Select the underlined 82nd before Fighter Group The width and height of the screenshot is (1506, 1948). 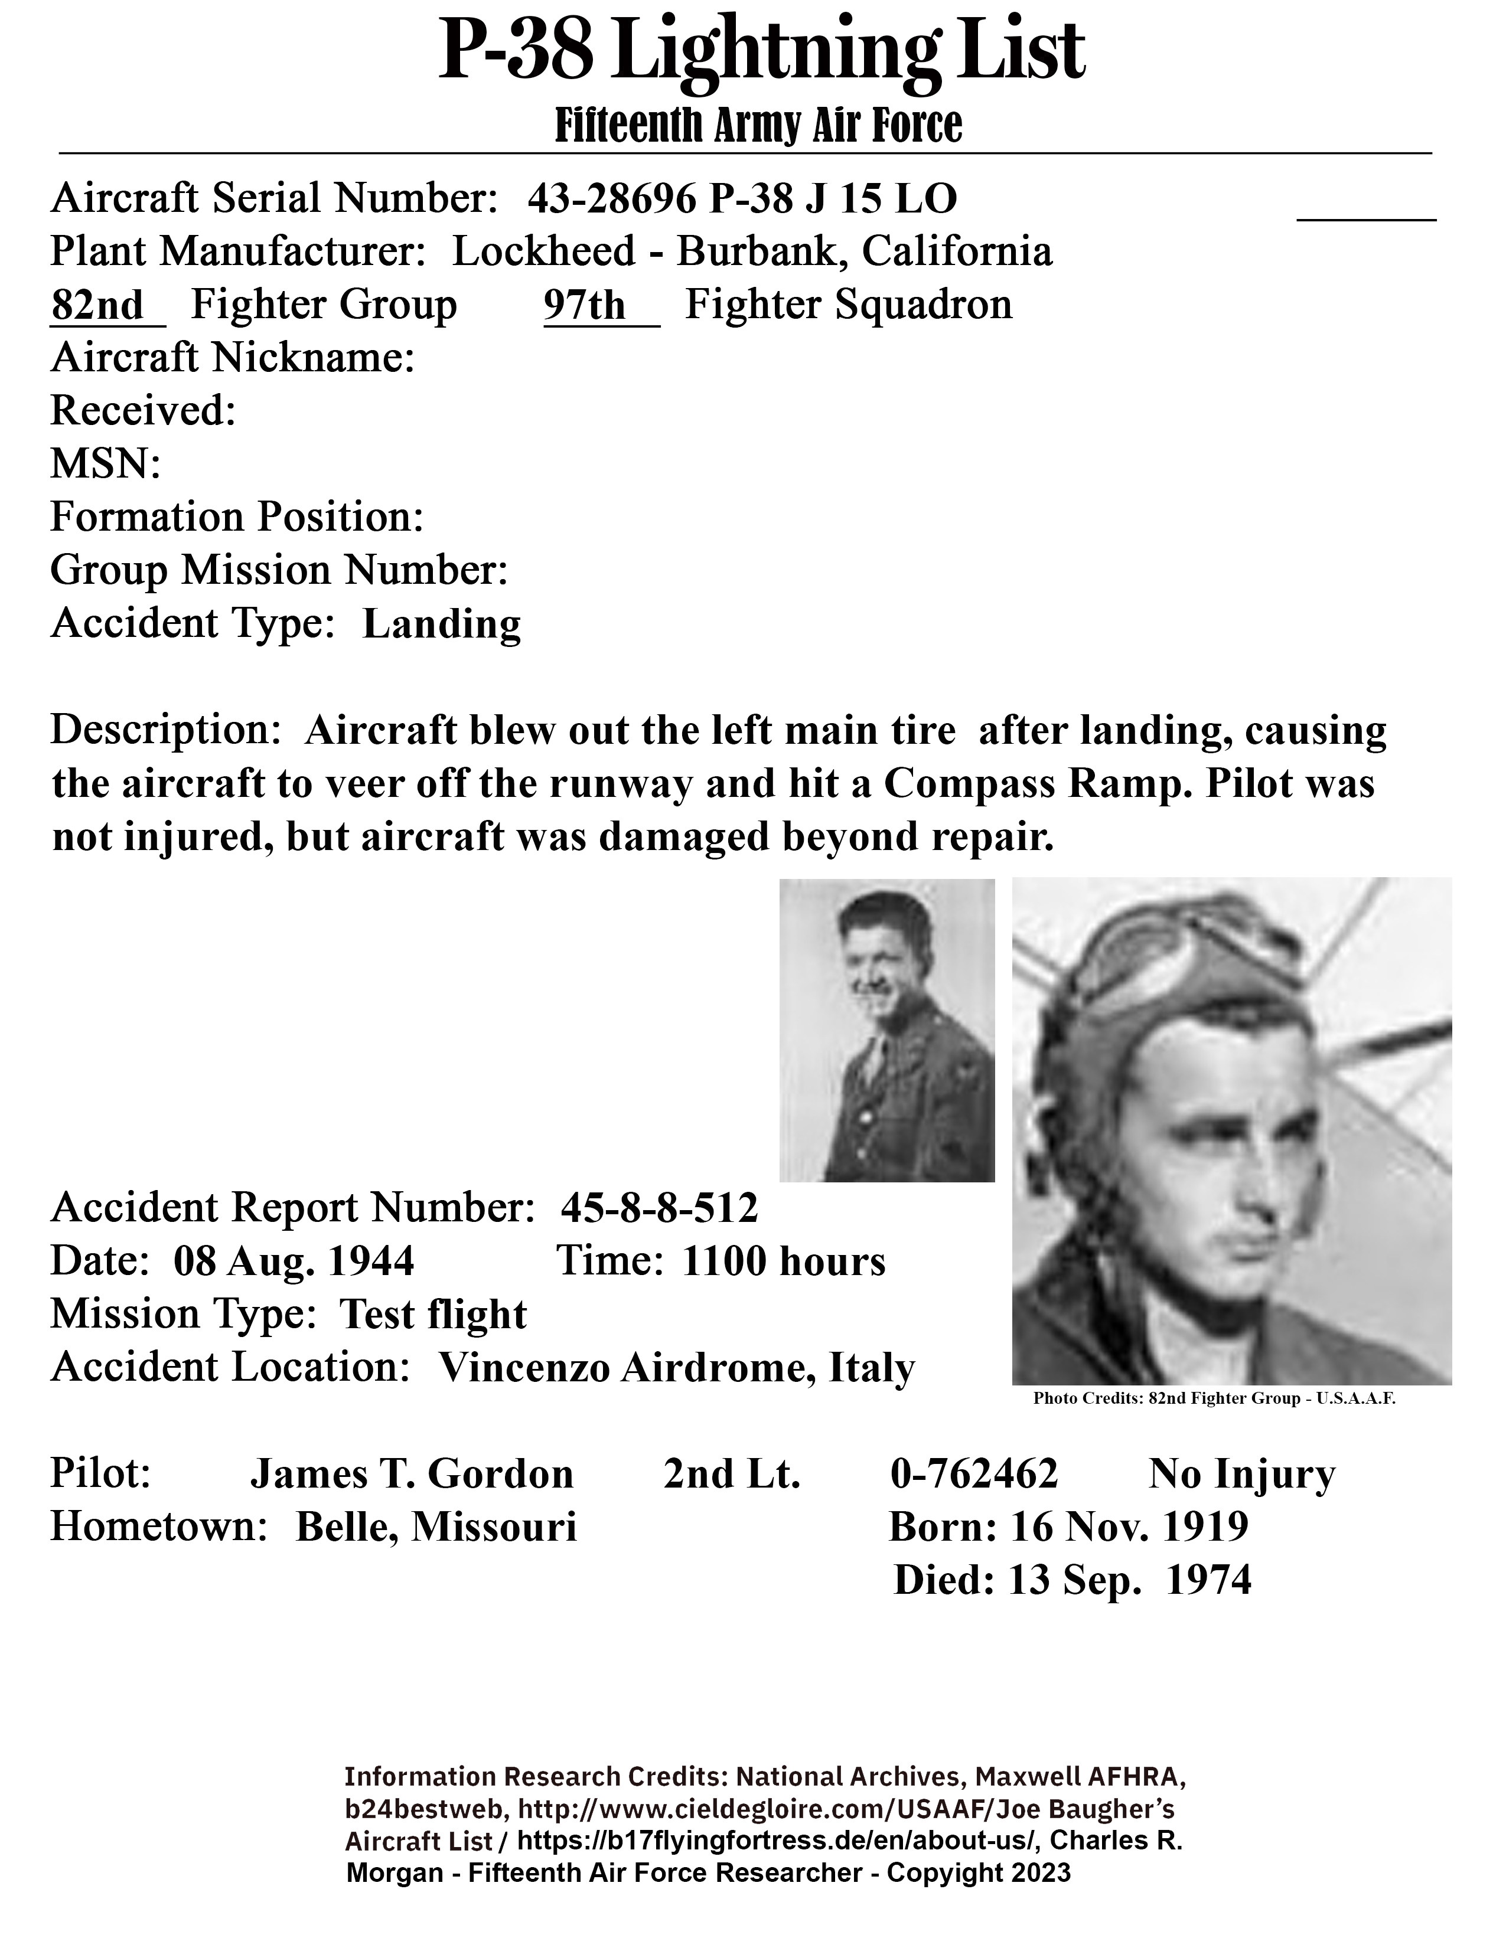pyautogui.click(x=97, y=306)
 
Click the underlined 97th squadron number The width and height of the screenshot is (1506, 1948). pyautogui.click(x=585, y=306)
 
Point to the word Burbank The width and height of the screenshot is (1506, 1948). pyautogui.click(x=758, y=251)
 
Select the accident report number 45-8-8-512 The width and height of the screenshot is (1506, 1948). pyautogui.click(x=659, y=1208)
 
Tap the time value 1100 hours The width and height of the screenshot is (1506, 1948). pyautogui.click(x=783, y=1261)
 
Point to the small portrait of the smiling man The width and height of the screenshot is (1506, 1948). pyautogui.click(x=887, y=1030)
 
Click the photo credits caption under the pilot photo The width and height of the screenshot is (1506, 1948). pyautogui.click(x=1214, y=1398)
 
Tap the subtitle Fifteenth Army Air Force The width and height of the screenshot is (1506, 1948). pyautogui.click(x=758, y=125)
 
